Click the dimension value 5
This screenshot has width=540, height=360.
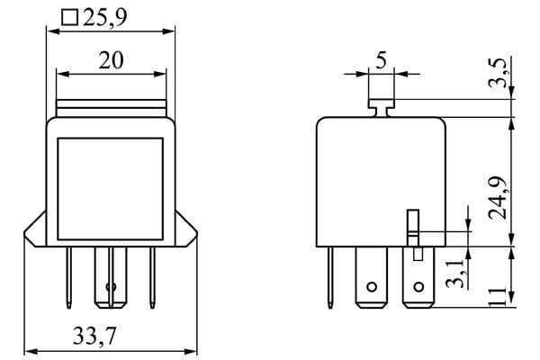point(381,61)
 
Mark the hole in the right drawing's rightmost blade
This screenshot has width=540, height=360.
point(417,289)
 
